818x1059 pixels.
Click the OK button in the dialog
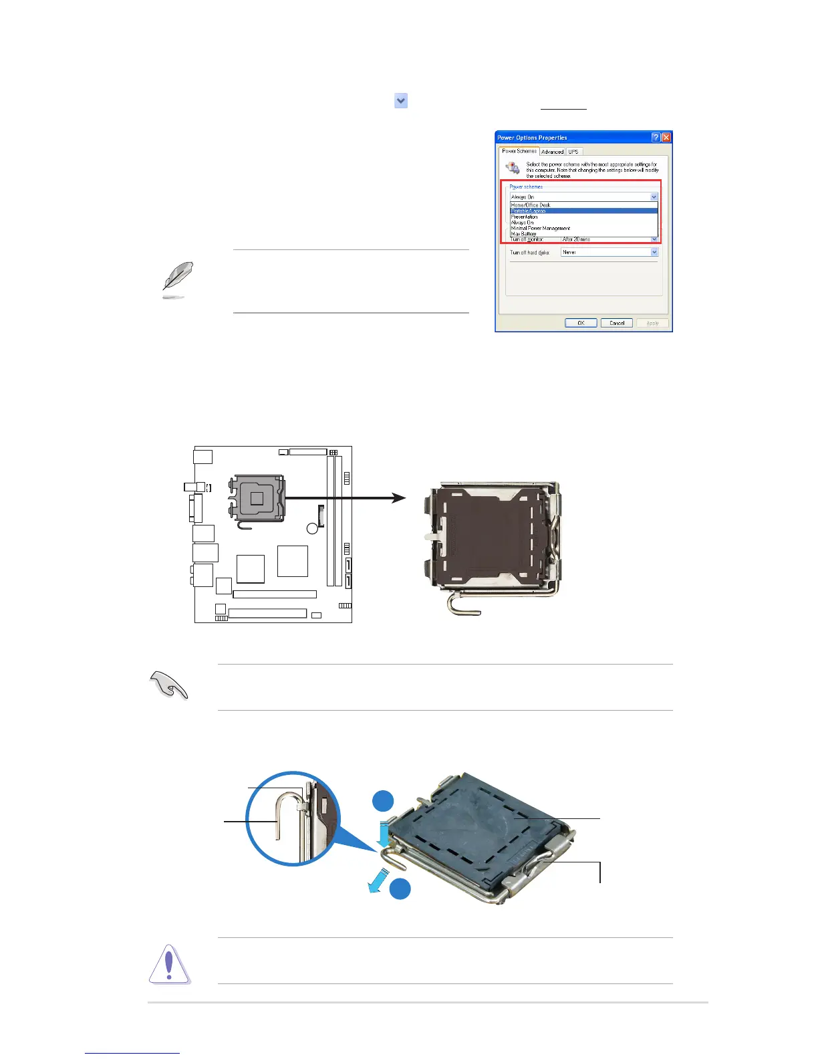(x=581, y=323)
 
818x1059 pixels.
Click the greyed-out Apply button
(x=652, y=323)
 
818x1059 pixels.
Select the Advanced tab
(x=552, y=152)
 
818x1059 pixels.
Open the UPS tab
(x=573, y=152)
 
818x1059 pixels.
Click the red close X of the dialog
(x=666, y=137)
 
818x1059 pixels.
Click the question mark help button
(x=656, y=137)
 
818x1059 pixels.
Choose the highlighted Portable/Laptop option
(x=529, y=211)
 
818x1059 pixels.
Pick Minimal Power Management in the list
(x=541, y=228)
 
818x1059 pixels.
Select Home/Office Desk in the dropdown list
(x=531, y=205)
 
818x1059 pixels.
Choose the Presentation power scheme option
(x=525, y=217)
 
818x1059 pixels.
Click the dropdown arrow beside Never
(x=654, y=252)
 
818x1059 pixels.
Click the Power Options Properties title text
(x=532, y=138)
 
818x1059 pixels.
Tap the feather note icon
(x=177, y=279)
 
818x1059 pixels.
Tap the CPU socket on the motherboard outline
(x=257, y=497)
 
